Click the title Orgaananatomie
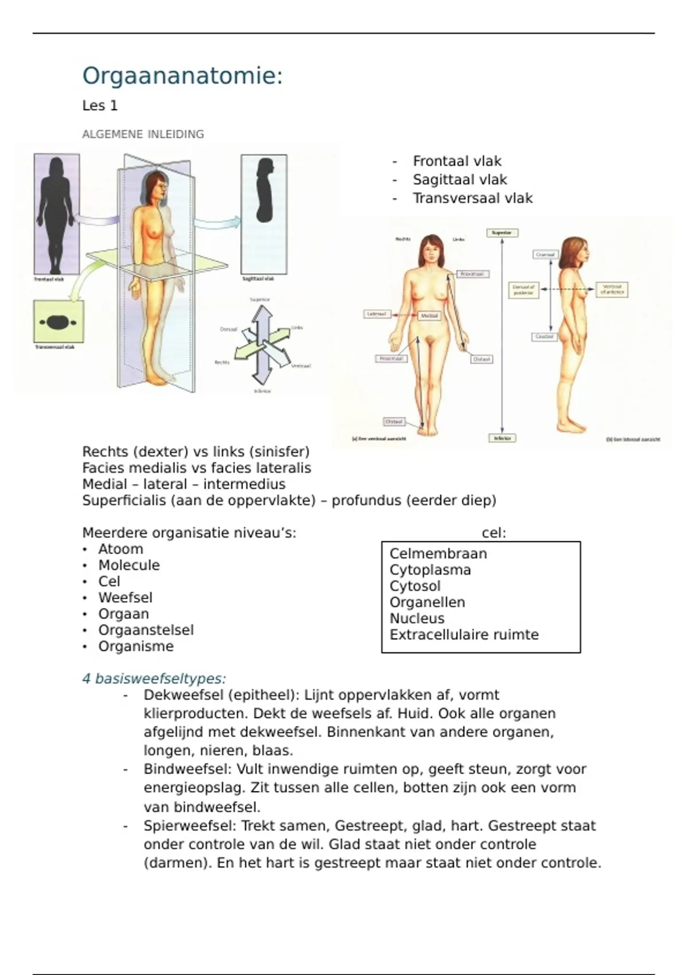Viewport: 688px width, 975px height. pos(182,76)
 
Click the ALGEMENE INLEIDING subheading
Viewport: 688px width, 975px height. pos(143,134)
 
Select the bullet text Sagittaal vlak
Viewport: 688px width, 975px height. pos(460,180)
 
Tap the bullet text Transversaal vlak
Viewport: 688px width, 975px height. pos(472,198)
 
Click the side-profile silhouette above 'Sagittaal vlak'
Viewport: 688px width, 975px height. pos(264,195)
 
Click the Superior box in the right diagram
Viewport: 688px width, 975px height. pos(502,233)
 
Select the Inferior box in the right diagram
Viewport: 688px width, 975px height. pos(502,438)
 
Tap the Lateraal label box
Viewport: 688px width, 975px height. pos(377,314)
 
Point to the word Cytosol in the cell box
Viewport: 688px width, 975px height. pos(415,586)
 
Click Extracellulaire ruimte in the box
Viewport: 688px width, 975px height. pos(464,635)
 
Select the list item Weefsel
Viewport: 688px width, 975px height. pos(125,598)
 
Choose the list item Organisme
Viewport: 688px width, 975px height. pos(135,646)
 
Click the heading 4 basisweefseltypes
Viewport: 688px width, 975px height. pos(154,678)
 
